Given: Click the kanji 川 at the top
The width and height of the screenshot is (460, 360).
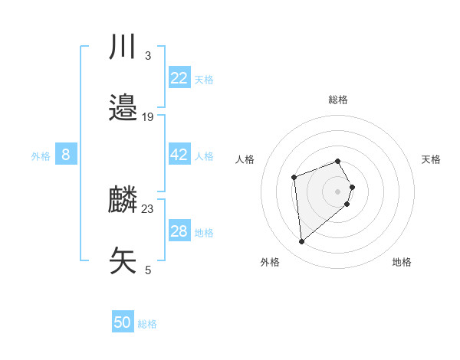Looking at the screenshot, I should [x=123, y=47].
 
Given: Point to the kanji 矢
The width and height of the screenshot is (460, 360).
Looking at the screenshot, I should [x=123, y=260].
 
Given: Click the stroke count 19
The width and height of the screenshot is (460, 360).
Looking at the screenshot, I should [x=148, y=117].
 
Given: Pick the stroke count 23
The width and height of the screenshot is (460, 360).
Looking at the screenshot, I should [x=148, y=209].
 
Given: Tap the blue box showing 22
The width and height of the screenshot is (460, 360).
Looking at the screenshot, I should [x=179, y=78].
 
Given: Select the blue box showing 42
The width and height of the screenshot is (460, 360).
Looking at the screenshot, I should [x=179, y=155].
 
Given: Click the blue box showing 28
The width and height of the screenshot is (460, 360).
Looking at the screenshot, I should [x=179, y=231].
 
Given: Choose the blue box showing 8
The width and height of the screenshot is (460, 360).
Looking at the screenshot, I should [x=66, y=155].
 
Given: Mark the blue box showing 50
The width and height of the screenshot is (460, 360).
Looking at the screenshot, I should [x=123, y=322].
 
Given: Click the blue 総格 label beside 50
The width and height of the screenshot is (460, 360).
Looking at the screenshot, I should [x=147, y=324].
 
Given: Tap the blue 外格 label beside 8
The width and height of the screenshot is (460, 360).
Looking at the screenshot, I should [x=41, y=156].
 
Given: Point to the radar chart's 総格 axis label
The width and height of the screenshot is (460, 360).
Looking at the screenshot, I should [x=338, y=100].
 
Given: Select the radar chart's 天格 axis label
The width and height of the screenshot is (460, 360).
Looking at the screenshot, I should [x=431, y=159].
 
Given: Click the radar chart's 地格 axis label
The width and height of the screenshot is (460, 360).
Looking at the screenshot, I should [x=402, y=262].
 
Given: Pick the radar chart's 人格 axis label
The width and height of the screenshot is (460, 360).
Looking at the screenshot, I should [x=245, y=159].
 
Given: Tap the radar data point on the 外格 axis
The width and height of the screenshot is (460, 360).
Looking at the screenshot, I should [x=301, y=242].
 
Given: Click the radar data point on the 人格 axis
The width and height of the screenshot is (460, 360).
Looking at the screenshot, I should [x=294, y=178].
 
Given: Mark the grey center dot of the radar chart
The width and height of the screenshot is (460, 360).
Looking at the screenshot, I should [x=338, y=191].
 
